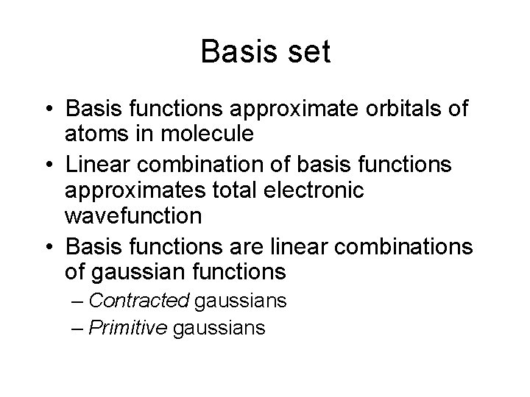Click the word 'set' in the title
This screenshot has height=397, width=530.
pyautogui.click(x=308, y=53)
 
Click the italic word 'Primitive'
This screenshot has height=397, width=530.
pyautogui.click(x=130, y=326)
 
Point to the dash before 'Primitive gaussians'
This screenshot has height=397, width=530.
pyautogui.click(x=77, y=327)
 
